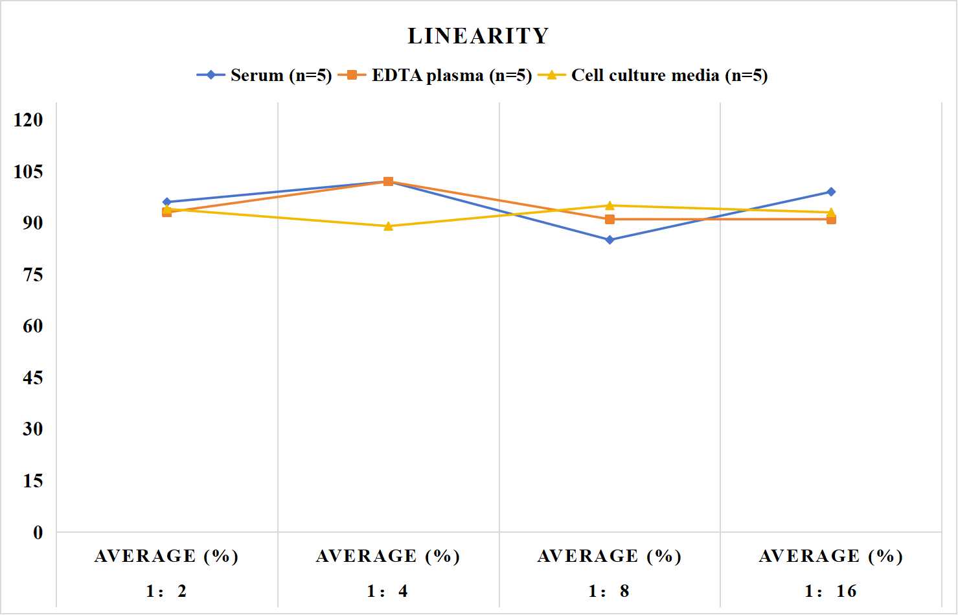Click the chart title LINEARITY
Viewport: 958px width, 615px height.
click(478, 36)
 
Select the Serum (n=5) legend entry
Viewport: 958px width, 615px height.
click(264, 75)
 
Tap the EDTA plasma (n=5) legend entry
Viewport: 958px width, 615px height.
click(435, 75)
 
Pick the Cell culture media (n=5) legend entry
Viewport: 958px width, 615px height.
click(653, 75)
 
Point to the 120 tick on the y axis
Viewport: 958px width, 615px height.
click(29, 120)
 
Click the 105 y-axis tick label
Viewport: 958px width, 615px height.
click(29, 172)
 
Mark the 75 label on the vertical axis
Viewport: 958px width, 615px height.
click(33, 275)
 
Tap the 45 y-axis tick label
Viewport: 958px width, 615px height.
click(33, 378)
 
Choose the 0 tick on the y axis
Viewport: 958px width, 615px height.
click(38, 533)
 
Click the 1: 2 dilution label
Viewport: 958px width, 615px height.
click(166, 591)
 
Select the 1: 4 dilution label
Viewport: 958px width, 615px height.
click(387, 591)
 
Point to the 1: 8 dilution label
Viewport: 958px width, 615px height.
click(609, 591)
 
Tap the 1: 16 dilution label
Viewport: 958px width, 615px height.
click(830, 591)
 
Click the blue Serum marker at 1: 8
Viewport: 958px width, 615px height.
click(610, 240)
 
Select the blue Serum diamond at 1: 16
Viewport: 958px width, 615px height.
click(831, 192)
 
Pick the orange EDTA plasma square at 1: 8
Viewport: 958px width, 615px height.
click(610, 220)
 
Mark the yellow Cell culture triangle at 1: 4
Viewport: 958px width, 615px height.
click(389, 226)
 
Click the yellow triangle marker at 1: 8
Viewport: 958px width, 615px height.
click(610, 205)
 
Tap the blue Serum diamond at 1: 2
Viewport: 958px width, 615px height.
click(167, 202)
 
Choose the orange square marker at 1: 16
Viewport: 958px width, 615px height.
click(831, 220)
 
